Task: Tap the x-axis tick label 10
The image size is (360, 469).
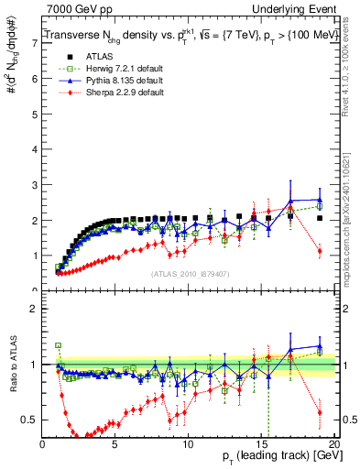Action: (x=189, y=444)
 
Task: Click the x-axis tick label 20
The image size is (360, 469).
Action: (x=333, y=444)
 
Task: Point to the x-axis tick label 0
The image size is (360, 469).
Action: (x=43, y=444)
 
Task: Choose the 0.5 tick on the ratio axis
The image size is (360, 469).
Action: (x=30, y=420)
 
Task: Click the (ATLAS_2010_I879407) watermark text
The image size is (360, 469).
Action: (x=191, y=273)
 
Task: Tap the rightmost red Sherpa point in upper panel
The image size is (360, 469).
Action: (x=319, y=251)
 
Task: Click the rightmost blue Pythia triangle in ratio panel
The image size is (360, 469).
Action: (x=319, y=346)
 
